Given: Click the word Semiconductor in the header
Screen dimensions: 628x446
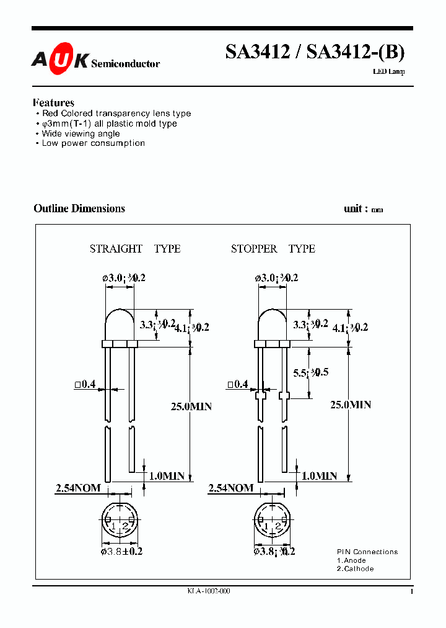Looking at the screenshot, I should click(126, 63).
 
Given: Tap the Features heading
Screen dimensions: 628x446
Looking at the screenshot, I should click(53, 102).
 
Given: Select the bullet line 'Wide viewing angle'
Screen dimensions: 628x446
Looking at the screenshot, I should click(81, 133).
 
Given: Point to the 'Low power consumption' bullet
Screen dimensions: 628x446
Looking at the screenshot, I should click(93, 143).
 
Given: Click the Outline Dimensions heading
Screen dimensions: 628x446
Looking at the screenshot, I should click(79, 209).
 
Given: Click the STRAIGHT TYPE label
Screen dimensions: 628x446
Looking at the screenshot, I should click(135, 249).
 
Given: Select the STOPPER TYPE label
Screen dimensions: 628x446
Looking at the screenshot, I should click(273, 249).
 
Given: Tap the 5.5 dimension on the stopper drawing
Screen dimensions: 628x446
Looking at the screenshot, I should click(310, 372).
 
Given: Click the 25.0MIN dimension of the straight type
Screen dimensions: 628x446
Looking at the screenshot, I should click(191, 406).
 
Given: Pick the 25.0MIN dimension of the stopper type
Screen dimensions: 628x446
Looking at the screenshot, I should click(350, 405).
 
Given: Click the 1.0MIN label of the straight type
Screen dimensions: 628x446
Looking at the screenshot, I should click(166, 476).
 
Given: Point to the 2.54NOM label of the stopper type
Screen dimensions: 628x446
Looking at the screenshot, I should click(231, 488).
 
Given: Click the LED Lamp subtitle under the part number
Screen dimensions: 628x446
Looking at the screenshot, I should click(389, 73).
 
